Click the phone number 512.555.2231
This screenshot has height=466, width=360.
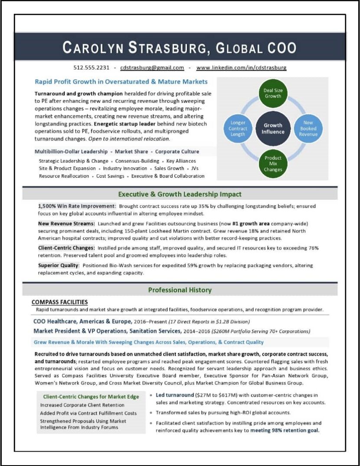(91, 68)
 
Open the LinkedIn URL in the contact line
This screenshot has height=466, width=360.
(241, 68)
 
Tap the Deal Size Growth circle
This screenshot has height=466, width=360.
(273, 93)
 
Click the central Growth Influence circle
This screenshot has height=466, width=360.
(273, 129)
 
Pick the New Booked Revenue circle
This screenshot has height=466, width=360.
(308, 129)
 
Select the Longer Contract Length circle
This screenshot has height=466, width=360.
(238, 129)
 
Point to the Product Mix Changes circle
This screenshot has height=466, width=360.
(273, 164)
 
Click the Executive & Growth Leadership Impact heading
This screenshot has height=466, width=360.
(180, 194)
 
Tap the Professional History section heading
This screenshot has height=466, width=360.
(180, 290)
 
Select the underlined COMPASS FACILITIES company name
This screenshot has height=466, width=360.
(60, 302)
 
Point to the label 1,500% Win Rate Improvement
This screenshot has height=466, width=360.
(77, 206)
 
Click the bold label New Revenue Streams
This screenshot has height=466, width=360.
(66, 223)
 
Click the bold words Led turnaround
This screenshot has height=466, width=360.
(175, 395)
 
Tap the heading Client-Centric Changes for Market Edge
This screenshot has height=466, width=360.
(91, 397)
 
